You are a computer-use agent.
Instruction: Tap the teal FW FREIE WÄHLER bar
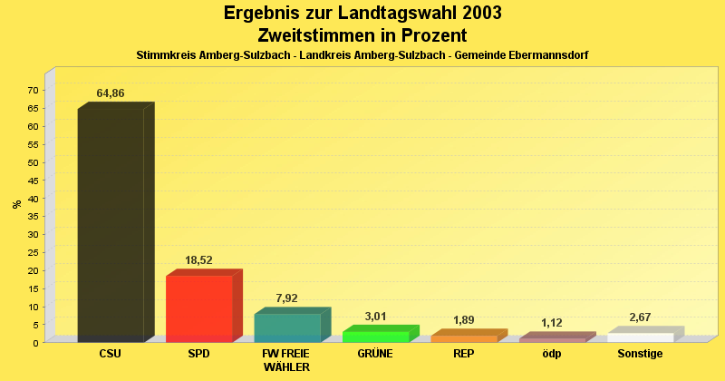coord(287,327)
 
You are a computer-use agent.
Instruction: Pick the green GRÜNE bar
coord(375,337)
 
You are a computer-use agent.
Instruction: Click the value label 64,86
coord(111,93)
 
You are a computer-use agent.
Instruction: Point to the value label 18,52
coord(198,260)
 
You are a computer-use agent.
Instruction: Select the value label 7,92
coord(287,298)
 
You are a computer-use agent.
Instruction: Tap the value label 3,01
coord(375,317)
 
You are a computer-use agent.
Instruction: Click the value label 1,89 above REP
coord(464,320)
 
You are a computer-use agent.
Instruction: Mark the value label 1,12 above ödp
coord(552,323)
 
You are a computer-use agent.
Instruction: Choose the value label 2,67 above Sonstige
coord(641,317)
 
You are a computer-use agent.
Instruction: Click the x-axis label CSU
coord(111,354)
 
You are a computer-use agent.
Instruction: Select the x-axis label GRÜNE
coord(375,354)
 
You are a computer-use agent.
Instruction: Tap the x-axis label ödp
coord(552,354)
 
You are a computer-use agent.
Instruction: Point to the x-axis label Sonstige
coord(641,354)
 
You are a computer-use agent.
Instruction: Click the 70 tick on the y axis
coord(33,90)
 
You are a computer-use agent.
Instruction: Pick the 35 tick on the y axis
coord(33,216)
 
